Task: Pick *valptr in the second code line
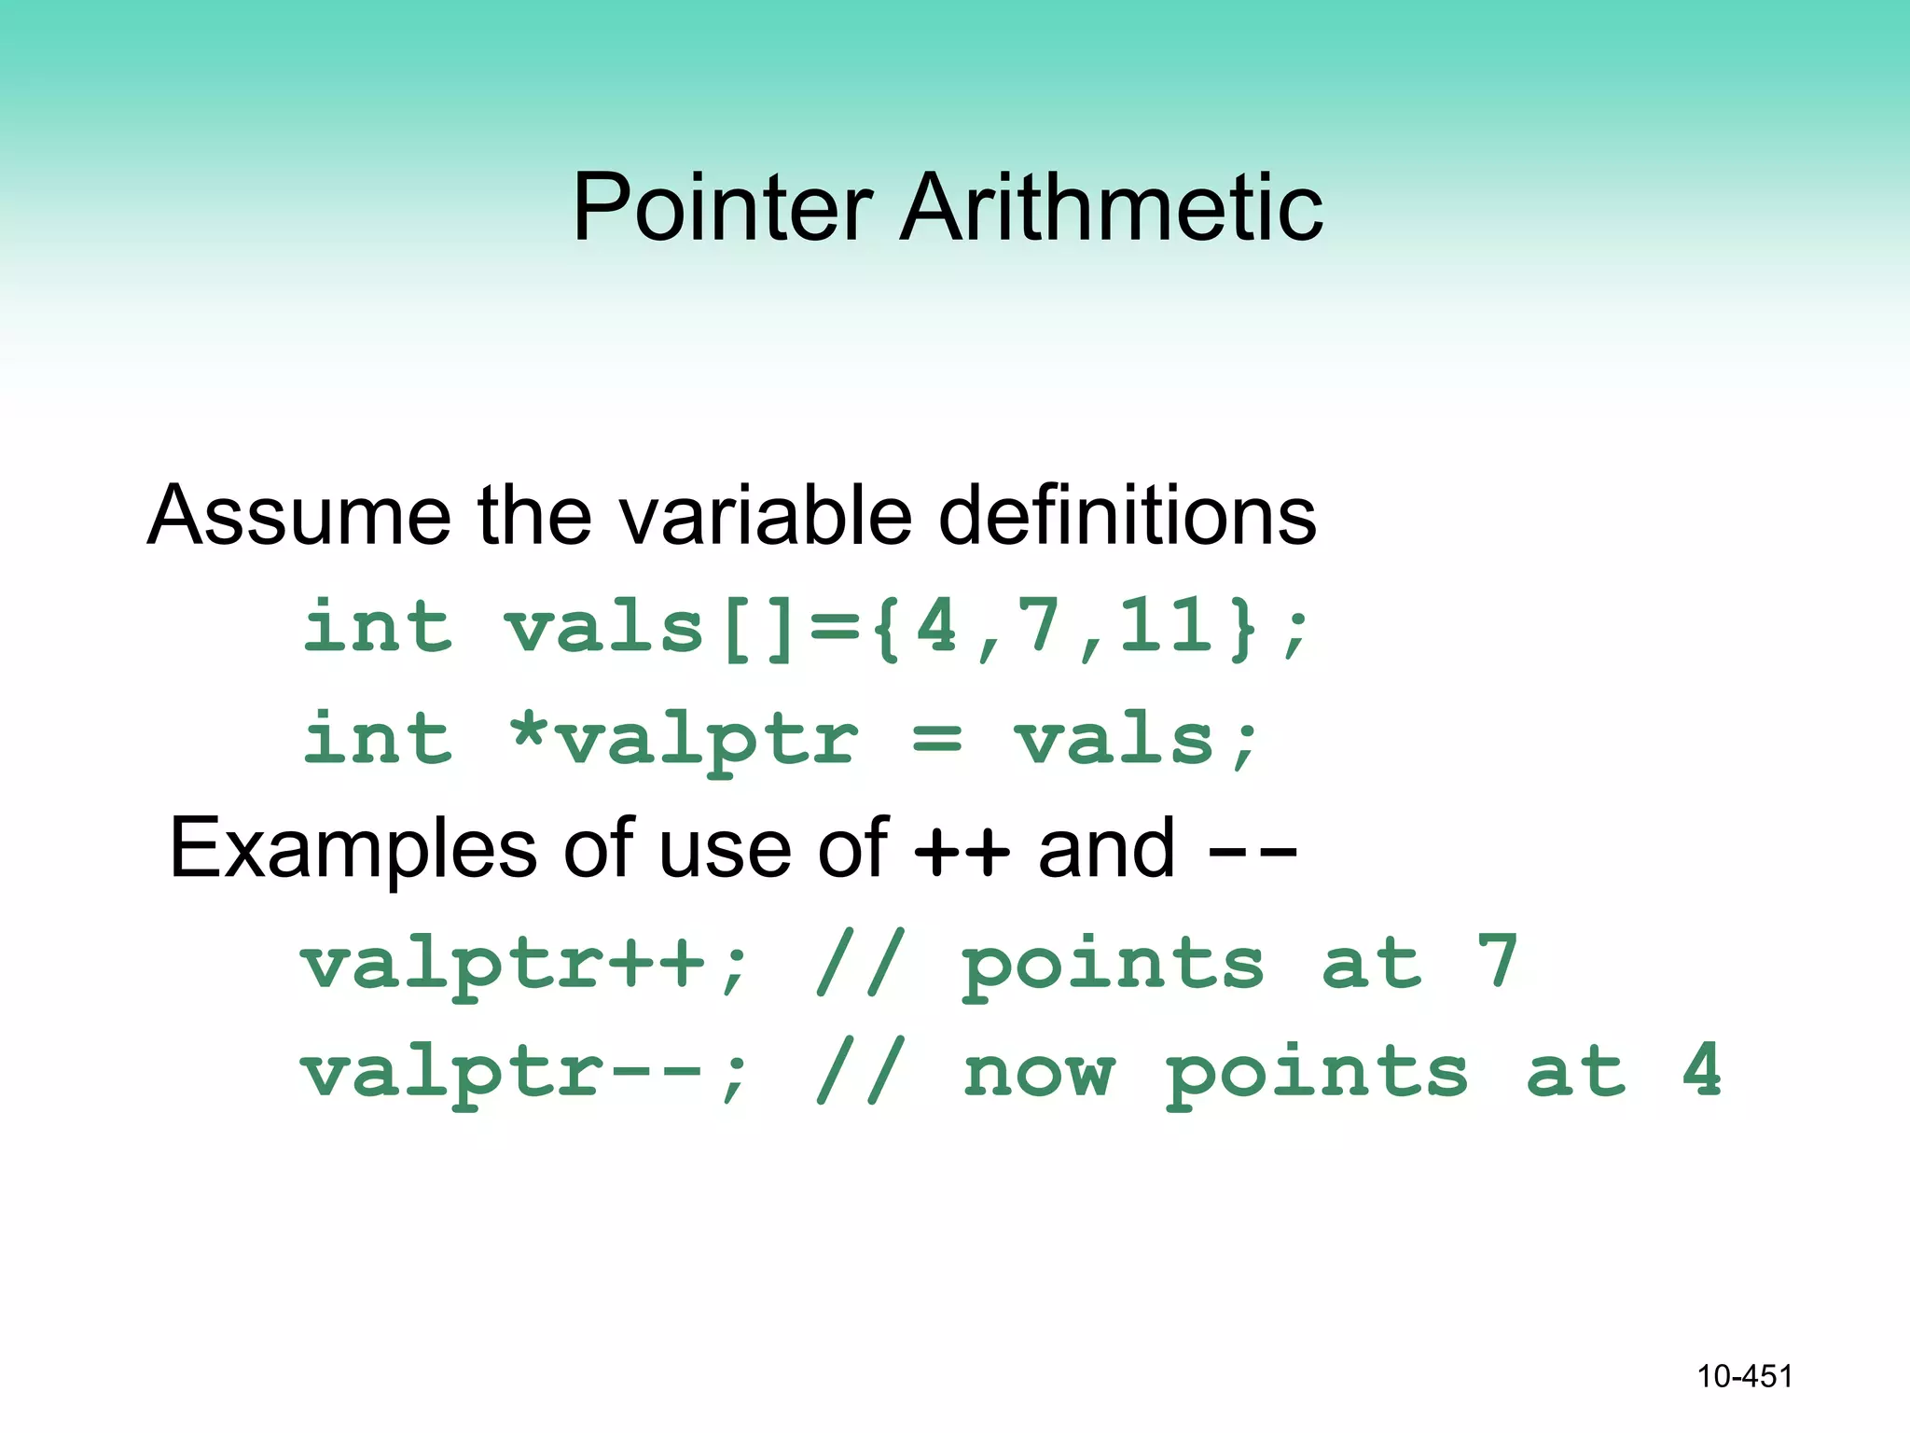pos(683,739)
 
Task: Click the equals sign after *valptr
pos(936,739)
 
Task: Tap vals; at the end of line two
pos(1136,739)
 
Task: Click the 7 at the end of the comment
pos(1498,961)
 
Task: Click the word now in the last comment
pos(1038,1073)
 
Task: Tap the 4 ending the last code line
pos(1702,1071)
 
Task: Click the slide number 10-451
pos(1744,1376)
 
